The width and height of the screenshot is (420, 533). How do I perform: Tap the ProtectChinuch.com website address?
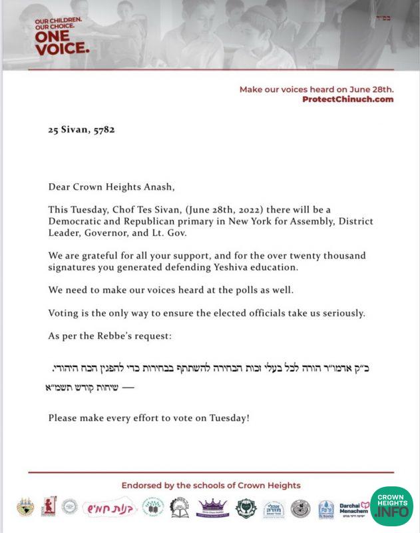[347, 99]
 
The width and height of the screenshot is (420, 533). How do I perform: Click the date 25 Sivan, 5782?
[81, 130]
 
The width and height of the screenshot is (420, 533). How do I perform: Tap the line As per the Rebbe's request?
[110, 336]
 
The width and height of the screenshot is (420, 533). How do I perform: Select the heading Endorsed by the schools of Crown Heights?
[210, 486]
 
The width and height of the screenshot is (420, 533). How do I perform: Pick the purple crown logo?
[212, 508]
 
